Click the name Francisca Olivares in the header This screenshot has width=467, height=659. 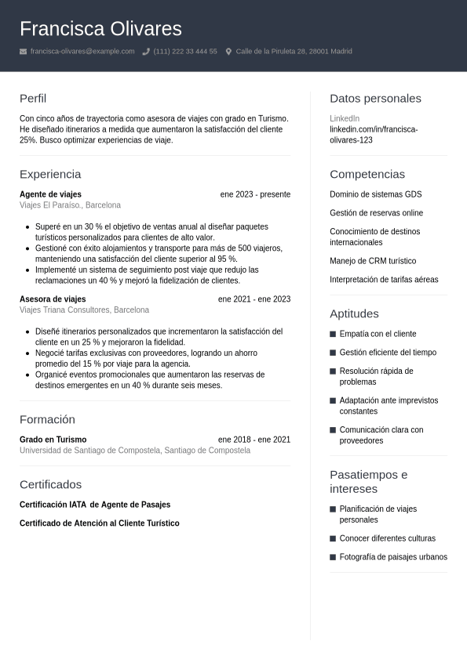[x=100, y=29]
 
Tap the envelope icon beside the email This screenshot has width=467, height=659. [x=23, y=52]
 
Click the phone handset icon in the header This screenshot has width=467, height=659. [x=146, y=52]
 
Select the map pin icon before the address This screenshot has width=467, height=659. [x=228, y=52]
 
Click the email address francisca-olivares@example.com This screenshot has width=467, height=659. [x=82, y=52]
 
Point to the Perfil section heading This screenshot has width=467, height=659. [x=33, y=99]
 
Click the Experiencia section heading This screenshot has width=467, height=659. [x=50, y=174]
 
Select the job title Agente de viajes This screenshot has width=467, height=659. [x=50, y=194]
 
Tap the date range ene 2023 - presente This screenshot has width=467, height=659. [x=255, y=194]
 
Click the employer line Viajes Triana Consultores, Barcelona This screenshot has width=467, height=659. [x=84, y=310]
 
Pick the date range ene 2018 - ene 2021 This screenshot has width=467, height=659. [x=254, y=440]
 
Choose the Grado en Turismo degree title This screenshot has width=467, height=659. [x=53, y=440]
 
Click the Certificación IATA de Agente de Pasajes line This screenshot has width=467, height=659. [x=95, y=505]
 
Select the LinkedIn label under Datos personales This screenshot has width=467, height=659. [x=345, y=118]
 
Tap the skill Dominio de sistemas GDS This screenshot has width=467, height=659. [x=375, y=194]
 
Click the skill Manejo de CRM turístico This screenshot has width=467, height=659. [x=373, y=261]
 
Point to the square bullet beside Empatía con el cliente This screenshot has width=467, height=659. [x=333, y=334]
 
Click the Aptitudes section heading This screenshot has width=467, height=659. [x=354, y=313]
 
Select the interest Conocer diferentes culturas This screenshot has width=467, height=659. [x=387, y=538]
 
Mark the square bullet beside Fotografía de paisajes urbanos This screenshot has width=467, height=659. [x=333, y=557]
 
